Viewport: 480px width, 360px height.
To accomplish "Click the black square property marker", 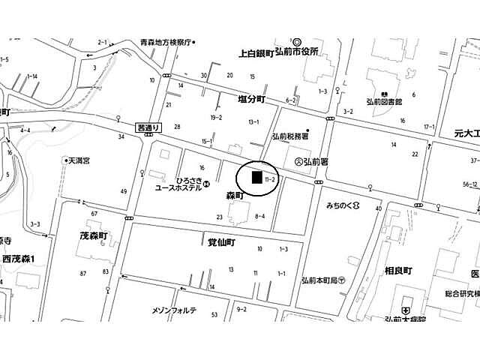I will pos(256,178).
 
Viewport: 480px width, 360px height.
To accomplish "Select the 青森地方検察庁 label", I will pos(156,43).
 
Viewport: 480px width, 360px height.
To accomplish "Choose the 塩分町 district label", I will pos(252,99).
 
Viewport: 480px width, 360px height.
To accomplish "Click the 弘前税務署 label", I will pos(290,136).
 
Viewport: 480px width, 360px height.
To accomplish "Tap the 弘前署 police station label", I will pos(312,161).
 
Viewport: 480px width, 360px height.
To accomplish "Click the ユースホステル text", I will pos(179,189).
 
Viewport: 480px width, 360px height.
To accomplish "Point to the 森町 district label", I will pos(235,195).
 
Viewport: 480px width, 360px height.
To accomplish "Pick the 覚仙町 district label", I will pos(222,243).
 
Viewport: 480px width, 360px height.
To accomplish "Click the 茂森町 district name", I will pos(94,235).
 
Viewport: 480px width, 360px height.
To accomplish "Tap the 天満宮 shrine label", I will pos(84,160).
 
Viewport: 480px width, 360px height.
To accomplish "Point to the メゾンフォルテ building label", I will pos(174,310).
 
